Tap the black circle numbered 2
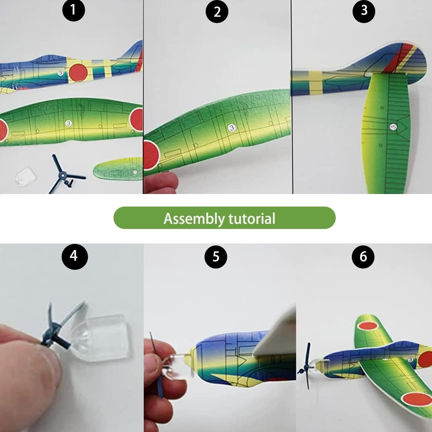coord(217,12)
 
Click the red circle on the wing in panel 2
coord(151,155)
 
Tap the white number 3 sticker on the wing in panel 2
coord(232,127)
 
